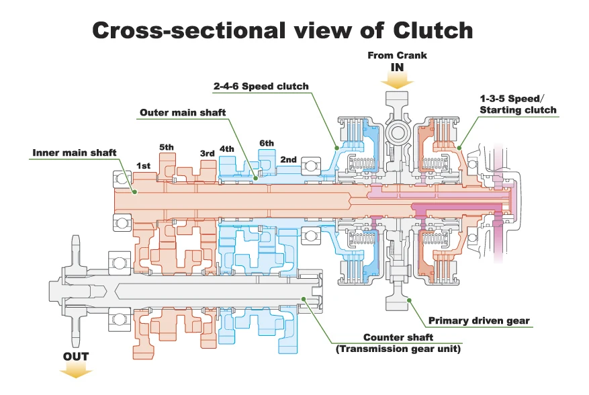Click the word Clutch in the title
pos(433,30)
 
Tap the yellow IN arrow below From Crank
pos(397,81)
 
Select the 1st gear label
pos(143,166)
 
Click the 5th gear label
pos(167,147)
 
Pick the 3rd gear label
pos(208,153)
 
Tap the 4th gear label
pos(227,149)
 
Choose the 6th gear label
pos(267,143)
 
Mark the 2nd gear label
pos(289,159)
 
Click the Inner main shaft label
pos(75,152)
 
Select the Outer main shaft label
pos(183,112)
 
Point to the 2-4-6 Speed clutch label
pos(261,87)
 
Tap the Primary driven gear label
pos(479,320)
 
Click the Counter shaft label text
pos(398,337)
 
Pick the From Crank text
pos(397,56)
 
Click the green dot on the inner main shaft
pos(134,192)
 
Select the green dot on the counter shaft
pos(304,299)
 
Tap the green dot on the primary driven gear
pos(409,300)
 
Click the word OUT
pos(76,356)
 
